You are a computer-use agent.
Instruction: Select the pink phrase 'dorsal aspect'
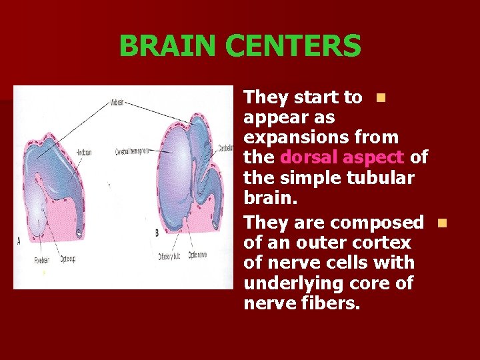click(342, 158)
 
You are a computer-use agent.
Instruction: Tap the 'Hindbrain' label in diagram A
click(83, 152)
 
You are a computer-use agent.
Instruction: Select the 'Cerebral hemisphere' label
click(131, 152)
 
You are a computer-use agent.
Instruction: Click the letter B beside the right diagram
click(156, 233)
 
